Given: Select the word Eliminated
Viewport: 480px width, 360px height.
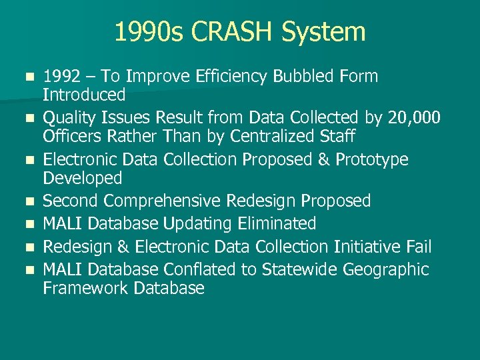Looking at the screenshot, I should tap(274, 223).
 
